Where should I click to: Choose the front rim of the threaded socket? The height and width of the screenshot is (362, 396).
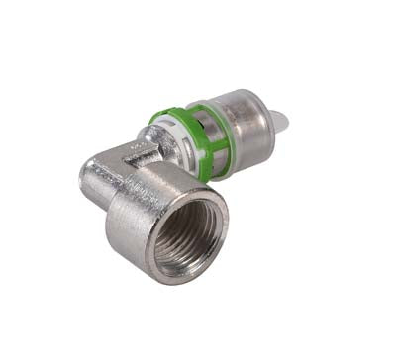pyautogui.click(x=158, y=252)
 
